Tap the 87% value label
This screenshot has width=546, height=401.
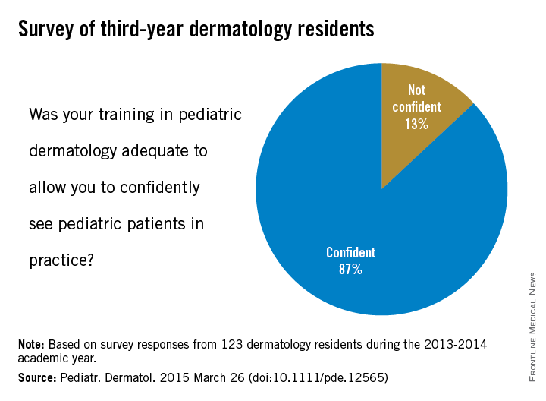[350, 269]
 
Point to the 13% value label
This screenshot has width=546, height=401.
[416, 123]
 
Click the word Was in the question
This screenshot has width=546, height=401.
[44, 115]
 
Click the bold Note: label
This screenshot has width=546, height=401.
[36, 344]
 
